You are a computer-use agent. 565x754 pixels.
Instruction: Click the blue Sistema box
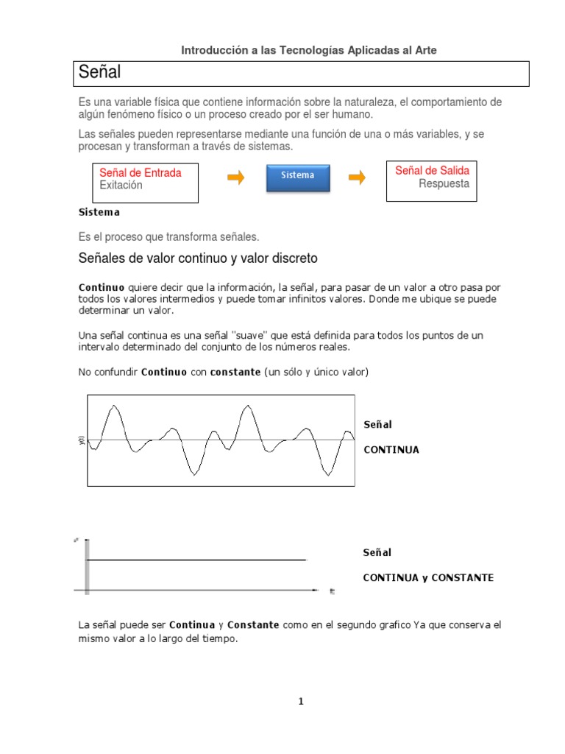tap(297, 177)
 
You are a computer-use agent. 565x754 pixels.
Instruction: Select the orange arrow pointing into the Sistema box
tap(235, 177)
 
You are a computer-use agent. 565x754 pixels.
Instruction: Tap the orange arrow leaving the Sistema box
tap(356, 177)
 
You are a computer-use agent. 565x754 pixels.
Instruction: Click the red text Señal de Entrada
tap(141, 172)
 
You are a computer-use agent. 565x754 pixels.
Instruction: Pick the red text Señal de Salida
tap(432, 171)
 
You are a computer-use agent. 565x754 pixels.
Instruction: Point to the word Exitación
tap(121, 186)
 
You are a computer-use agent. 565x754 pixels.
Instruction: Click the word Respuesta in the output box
tap(444, 184)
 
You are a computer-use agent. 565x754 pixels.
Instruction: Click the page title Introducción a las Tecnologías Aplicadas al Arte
tap(309, 50)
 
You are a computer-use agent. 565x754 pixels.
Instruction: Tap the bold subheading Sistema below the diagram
tap(99, 212)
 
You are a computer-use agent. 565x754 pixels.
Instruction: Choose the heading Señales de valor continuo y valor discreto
tap(198, 258)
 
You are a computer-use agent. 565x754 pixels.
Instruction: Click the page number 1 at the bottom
tap(301, 701)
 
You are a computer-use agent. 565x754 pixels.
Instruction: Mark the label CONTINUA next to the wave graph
tap(391, 450)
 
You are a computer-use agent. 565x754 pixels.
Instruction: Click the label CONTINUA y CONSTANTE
tap(428, 578)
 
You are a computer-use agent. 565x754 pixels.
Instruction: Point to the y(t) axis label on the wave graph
tap(81, 440)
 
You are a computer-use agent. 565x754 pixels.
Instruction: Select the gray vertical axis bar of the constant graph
tap(87, 565)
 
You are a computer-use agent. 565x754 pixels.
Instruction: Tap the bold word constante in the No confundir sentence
tap(235, 373)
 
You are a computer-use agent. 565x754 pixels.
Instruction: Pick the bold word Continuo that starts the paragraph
tap(102, 286)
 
